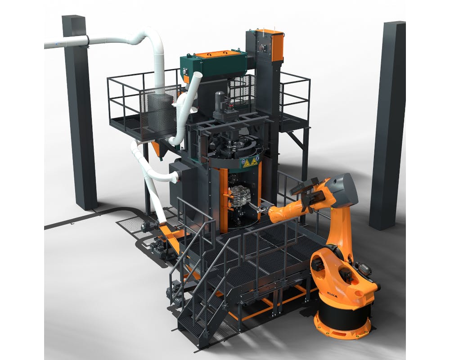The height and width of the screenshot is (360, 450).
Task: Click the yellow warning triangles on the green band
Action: [250, 162]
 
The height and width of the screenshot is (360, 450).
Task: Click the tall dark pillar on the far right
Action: [387, 126]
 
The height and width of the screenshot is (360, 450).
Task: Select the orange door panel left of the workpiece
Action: [224, 198]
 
